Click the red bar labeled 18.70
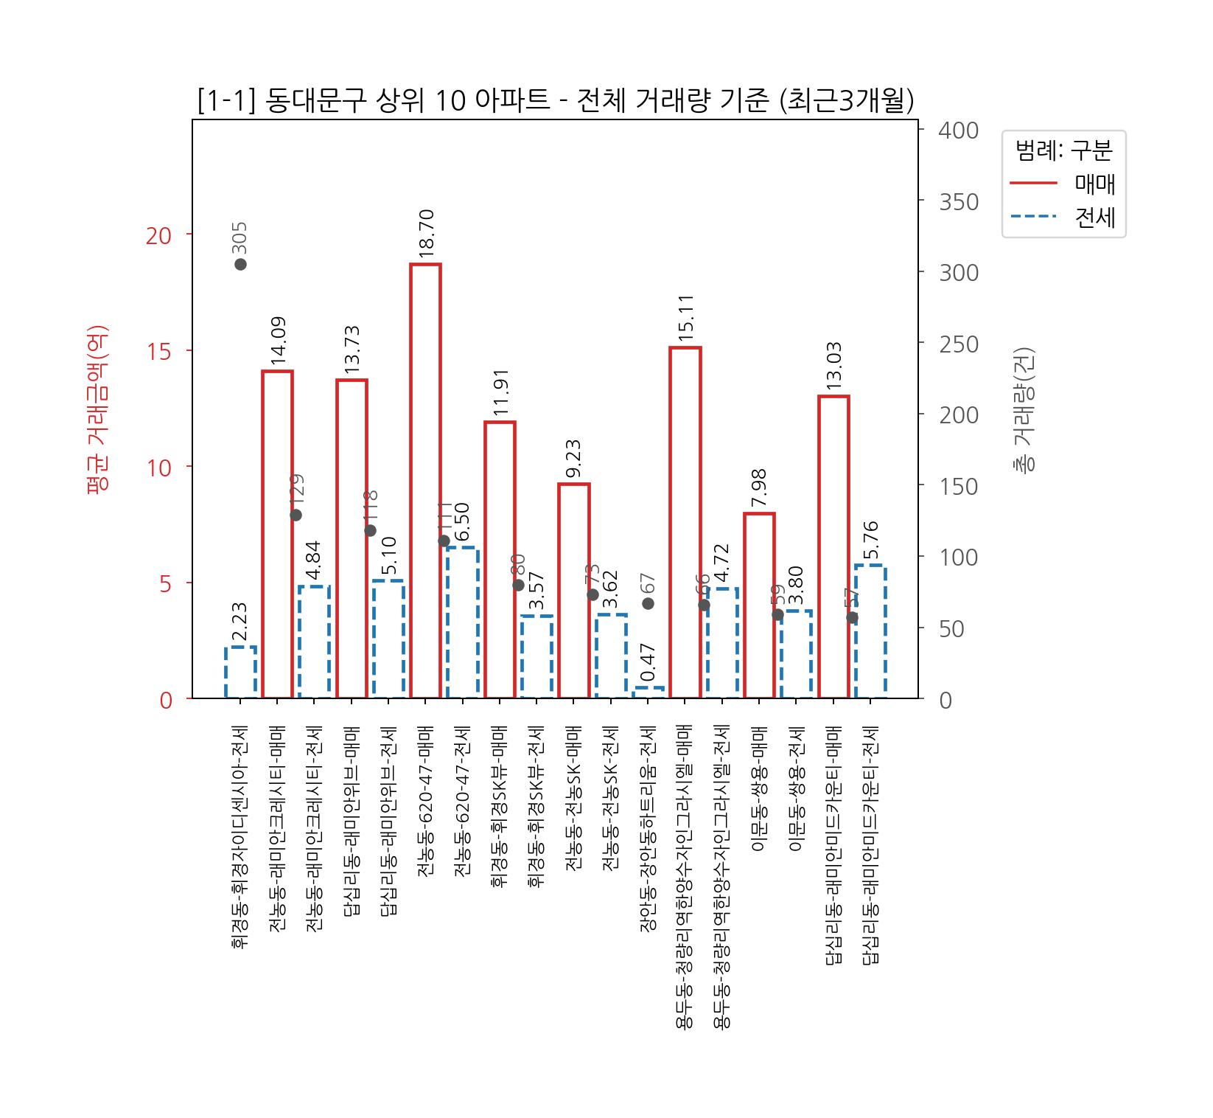pos(425,479)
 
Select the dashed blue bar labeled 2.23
pos(240,672)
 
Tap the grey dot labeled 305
pos(240,264)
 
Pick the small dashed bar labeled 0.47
pos(648,692)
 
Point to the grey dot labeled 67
pos(648,603)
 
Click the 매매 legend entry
pos(1064,184)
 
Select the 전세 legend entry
pos(1064,218)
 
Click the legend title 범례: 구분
pos(1063,150)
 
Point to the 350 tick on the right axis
pos(958,201)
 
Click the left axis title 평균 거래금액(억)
pos(97,409)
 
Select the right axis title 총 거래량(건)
pos(1024,409)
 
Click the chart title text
pos(556,101)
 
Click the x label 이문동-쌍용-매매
pos(759,789)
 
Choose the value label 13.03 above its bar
pos(833,366)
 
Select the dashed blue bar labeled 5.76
pos(870,631)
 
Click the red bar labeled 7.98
pos(759,605)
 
